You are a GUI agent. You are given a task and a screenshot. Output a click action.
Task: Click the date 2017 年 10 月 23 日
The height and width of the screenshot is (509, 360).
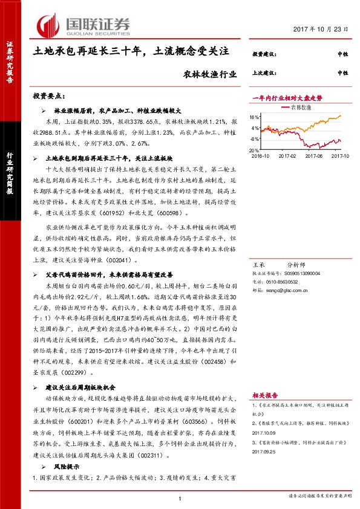click(x=325, y=30)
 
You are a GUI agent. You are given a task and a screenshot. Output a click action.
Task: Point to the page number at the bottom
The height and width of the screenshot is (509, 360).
click(x=180, y=498)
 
